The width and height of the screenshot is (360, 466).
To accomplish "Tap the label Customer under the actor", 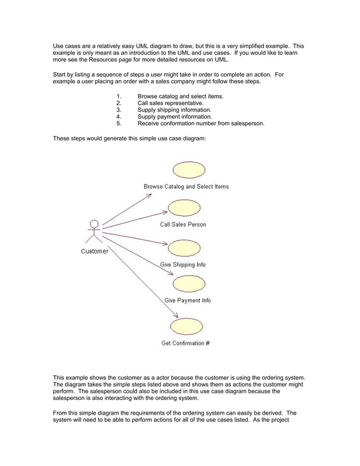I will click(x=94, y=252).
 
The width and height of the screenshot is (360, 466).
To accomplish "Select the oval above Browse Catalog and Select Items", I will click(x=188, y=169).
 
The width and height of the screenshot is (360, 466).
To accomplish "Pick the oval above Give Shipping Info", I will click(x=185, y=248).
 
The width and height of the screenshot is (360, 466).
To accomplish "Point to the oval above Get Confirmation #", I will click(x=186, y=326).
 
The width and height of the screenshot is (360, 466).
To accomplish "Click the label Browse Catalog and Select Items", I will click(x=186, y=187).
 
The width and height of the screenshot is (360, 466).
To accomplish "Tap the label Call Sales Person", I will click(x=183, y=225).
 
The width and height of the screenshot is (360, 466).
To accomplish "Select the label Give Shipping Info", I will click(x=183, y=265).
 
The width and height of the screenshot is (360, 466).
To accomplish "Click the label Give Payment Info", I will click(x=187, y=301).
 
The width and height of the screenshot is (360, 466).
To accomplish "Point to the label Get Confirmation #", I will click(x=186, y=343).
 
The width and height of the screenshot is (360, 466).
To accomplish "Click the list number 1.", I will click(x=118, y=96).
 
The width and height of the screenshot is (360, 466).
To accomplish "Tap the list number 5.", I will click(x=118, y=124).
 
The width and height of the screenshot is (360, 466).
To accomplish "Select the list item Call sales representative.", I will click(x=170, y=103).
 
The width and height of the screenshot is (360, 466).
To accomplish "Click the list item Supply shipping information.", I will click(x=174, y=110).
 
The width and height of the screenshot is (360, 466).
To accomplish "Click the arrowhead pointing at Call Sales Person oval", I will click(x=165, y=212).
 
